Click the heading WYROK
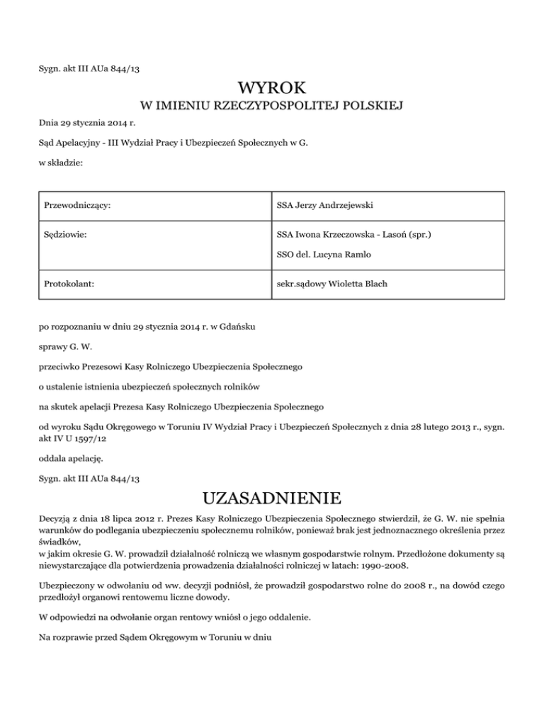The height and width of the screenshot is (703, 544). (272, 89)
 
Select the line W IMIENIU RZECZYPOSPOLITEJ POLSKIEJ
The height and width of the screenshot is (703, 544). (272, 107)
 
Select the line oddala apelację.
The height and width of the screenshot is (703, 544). (72, 458)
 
